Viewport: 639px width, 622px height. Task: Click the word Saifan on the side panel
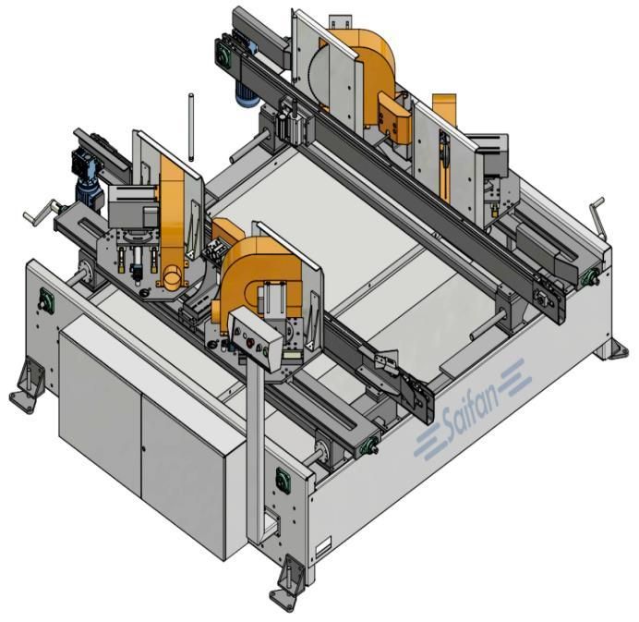[x=471, y=409]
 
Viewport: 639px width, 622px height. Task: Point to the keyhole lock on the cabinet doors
[x=143, y=448]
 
